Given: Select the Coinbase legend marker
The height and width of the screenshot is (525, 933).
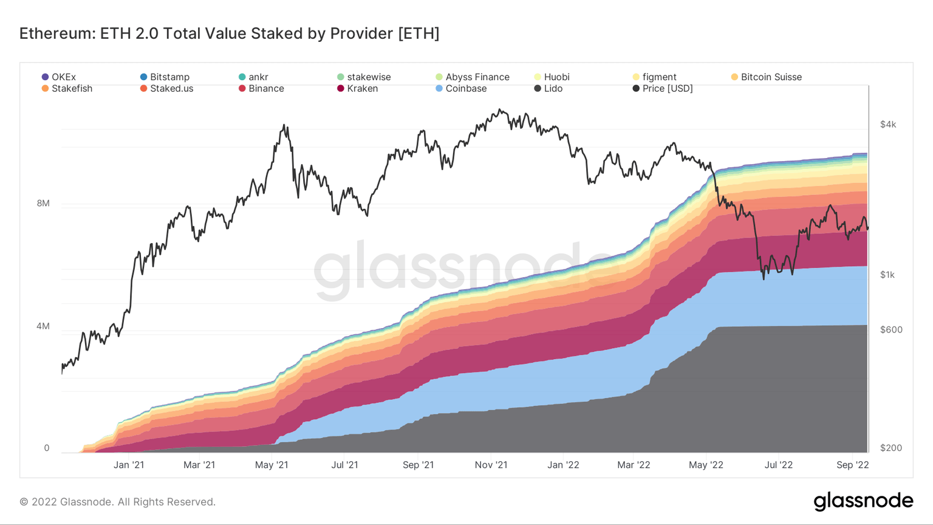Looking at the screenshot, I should (439, 89).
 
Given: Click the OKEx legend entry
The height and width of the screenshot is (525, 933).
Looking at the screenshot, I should (58, 77).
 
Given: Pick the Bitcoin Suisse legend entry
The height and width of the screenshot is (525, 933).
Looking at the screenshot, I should (766, 77).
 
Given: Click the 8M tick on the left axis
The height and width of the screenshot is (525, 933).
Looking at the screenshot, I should (43, 204).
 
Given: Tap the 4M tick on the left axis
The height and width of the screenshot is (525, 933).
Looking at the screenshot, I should (43, 326).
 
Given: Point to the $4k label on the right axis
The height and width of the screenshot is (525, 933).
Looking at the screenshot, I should (888, 125).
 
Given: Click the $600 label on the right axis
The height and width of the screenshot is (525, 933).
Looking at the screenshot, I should (891, 330).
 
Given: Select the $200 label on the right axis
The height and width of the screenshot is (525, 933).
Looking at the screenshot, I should (891, 448).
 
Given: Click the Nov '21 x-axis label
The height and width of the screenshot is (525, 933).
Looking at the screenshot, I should (491, 465).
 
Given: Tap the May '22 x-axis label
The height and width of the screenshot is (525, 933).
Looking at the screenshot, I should (706, 465).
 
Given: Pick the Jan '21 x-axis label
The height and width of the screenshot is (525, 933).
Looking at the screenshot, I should (129, 465).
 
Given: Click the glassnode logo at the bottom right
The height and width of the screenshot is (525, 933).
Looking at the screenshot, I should (863, 501).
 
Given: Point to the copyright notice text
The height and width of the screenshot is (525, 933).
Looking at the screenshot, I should (117, 502).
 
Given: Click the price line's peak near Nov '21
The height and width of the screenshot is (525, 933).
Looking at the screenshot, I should (499, 110).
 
